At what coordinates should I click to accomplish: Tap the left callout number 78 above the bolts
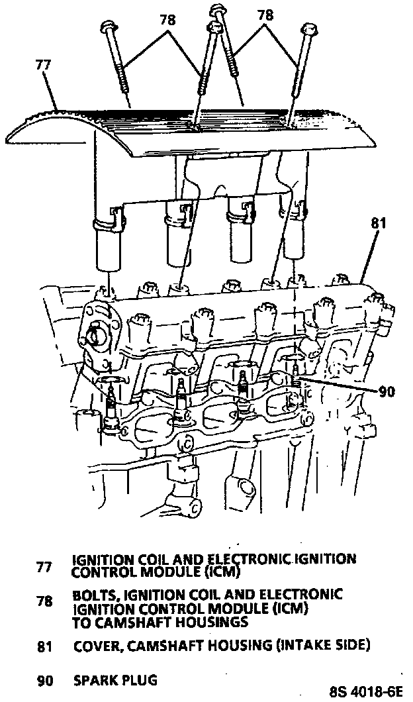click(x=167, y=20)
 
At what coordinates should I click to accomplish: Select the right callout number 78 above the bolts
click(x=265, y=15)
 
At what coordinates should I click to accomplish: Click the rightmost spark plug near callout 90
click(x=294, y=391)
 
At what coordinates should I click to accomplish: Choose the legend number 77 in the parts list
click(x=44, y=567)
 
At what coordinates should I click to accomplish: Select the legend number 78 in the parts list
click(x=44, y=601)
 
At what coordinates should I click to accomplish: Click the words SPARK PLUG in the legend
click(x=115, y=679)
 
